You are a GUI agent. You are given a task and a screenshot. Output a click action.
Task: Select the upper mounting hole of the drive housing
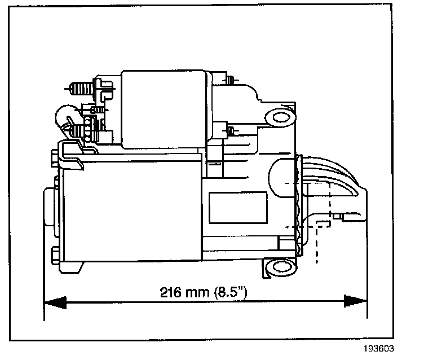click(x=276, y=117)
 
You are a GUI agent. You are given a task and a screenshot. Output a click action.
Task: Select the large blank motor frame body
click(x=130, y=209)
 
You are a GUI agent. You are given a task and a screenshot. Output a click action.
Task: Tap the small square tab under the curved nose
click(x=337, y=216)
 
